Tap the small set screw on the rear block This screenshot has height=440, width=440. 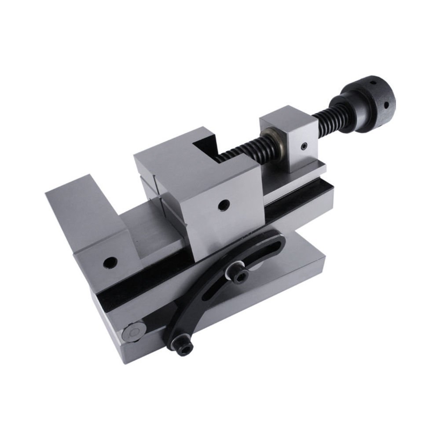[x=304, y=147]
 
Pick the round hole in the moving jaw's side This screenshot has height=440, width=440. [x=224, y=204]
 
